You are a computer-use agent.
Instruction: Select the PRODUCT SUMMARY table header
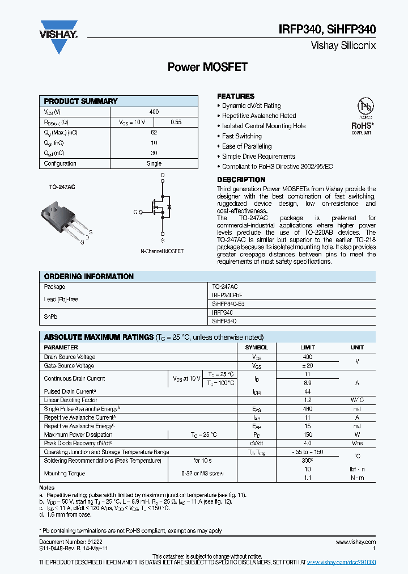pos(80,101)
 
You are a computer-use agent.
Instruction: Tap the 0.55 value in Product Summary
pos(176,123)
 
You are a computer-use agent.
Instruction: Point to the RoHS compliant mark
pos(362,127)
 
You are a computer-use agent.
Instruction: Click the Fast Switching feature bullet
pos(241,136)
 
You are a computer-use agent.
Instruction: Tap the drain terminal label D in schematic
pos(163,175)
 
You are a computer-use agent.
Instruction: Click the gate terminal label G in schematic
pos(135,212)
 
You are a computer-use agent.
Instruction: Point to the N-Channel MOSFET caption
pos(162,251)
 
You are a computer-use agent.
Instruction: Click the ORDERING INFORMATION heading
pos(88,276)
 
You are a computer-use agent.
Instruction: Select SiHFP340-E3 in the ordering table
pos(228,304)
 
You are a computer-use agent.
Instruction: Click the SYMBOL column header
pos(256,347)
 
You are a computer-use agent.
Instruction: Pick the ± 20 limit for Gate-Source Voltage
pos(307,366)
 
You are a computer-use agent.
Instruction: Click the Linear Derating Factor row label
pos(70,400)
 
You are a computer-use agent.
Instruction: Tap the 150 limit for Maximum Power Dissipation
pos(307,434)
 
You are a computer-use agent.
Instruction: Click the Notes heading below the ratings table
pos(47,488)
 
